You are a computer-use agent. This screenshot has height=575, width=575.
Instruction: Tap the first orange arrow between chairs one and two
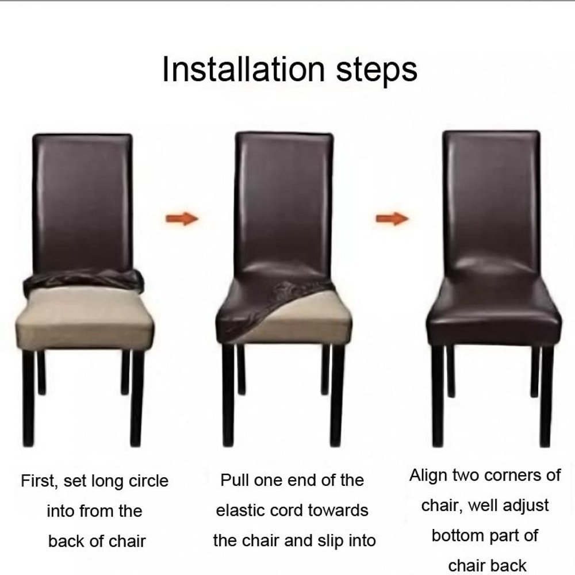[x=182, y=218]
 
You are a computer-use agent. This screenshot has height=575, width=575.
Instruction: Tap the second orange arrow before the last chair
[x=392, y=218]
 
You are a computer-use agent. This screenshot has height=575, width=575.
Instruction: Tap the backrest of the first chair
[x=83, y=201]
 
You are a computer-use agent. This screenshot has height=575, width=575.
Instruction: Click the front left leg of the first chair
[x=28, y=397]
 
